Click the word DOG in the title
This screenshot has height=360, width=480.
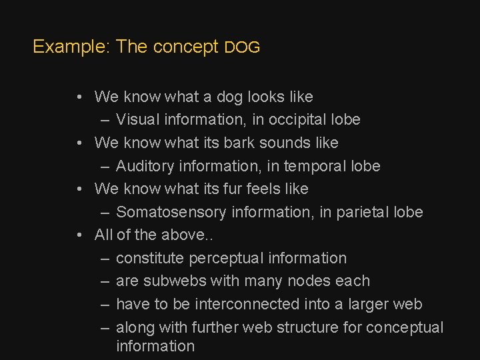[242, 48]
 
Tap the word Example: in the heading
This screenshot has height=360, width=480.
[71, 47]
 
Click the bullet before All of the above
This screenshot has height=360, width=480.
[79, 235]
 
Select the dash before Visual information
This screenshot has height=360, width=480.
[105, 120]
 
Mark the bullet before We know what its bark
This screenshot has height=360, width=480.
[79, 143]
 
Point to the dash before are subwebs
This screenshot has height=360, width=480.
[105, 281]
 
